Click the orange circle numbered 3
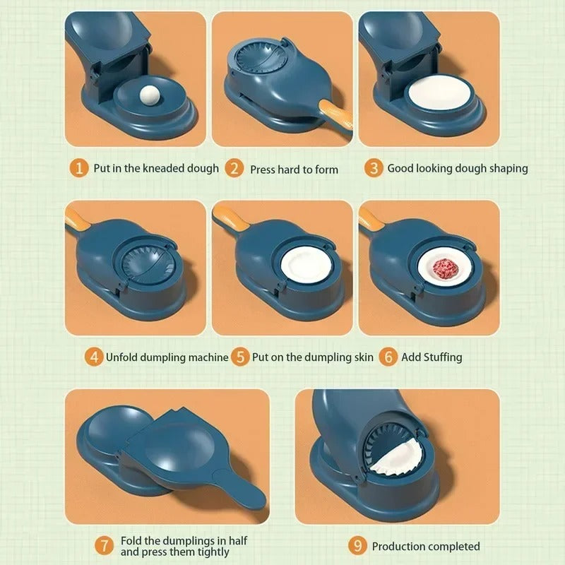[x=374, y=168]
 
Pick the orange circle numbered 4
[x=94, y=357]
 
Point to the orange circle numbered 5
[x=241, y=357]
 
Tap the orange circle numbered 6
[x=388, y=357]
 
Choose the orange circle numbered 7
[x=104, y=545]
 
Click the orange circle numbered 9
[x=358, y=545]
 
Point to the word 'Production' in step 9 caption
[x=399, y=546]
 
